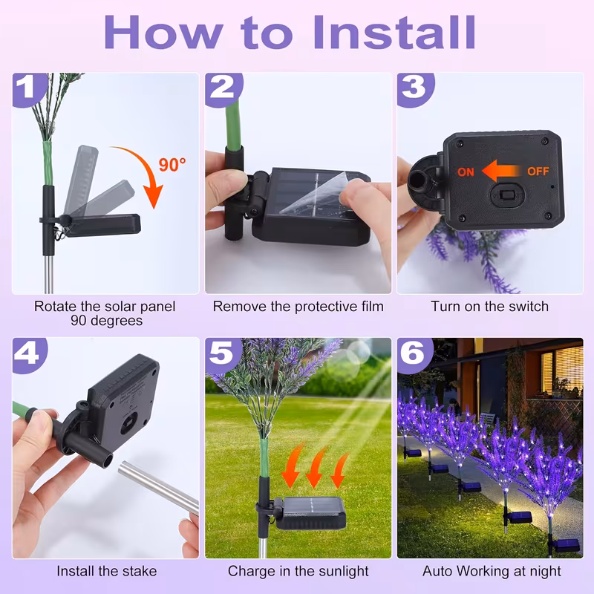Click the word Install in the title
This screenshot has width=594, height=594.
pos(394,31)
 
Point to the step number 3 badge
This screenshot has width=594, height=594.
pos(414,88)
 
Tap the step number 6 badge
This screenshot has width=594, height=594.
pos(414,353)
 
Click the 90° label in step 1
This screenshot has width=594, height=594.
pos(172,165)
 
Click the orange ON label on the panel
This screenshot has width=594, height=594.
pos(466,172)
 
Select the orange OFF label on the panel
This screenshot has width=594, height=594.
pos(538,172)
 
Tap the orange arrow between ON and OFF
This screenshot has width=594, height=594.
pos(501,172)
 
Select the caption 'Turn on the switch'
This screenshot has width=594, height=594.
pos(490,306)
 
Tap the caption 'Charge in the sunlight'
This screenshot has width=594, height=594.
pos(298,571)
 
